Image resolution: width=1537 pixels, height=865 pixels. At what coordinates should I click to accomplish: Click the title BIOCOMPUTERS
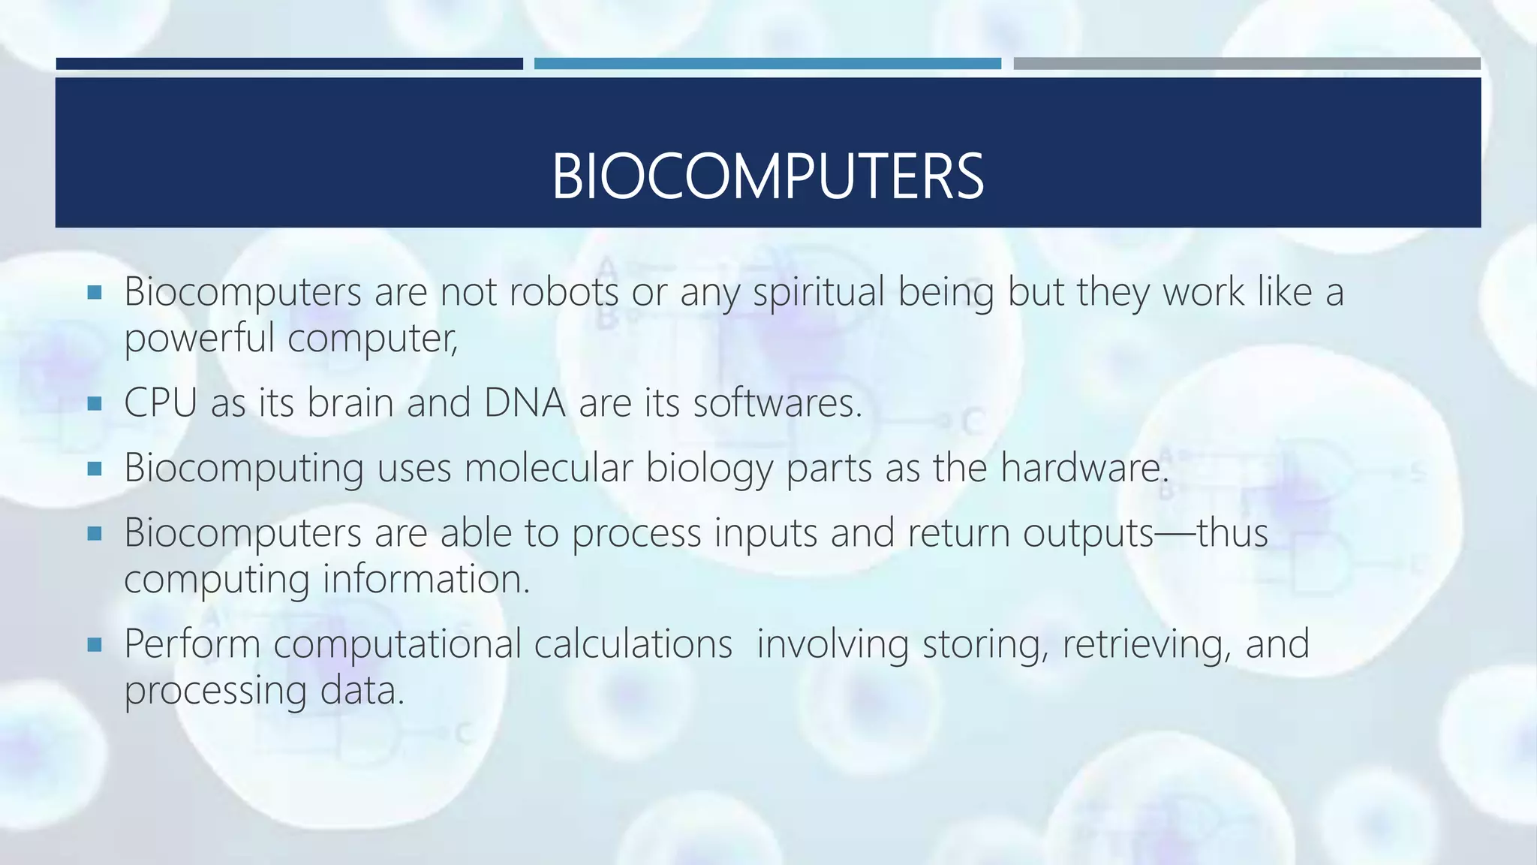(x=767, y=176)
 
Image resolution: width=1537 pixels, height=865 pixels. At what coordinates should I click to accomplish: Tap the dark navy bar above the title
(x=289, y=64)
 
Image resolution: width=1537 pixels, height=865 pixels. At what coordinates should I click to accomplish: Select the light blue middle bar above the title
(x=767, y=64)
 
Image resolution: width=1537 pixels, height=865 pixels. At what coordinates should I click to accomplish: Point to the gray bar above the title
(x=1247, y=64)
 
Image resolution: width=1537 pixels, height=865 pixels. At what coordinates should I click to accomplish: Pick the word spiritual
(x=819, y=293)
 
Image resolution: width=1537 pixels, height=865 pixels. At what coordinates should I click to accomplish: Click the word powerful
(x=199, y=339)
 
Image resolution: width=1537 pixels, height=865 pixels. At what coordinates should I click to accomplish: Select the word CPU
(x=160, y=402)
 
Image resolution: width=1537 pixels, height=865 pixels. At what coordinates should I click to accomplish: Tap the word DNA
(x=525, y=402)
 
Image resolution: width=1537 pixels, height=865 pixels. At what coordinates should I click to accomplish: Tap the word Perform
(x=191, y=644)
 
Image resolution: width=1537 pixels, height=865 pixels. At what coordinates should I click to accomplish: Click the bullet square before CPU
(x=94, y=404)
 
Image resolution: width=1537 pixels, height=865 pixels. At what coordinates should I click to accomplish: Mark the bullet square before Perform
(x=94, y=644)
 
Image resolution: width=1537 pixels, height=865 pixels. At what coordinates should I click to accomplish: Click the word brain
(x=350, y=402)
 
